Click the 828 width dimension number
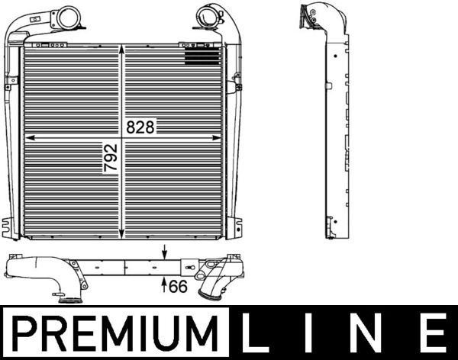click(140, 127)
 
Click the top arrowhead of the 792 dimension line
click(124, 47)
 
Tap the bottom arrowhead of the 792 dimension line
click(124, 232)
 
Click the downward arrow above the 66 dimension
click(165, 254)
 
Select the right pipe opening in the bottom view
click(207, 293)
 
